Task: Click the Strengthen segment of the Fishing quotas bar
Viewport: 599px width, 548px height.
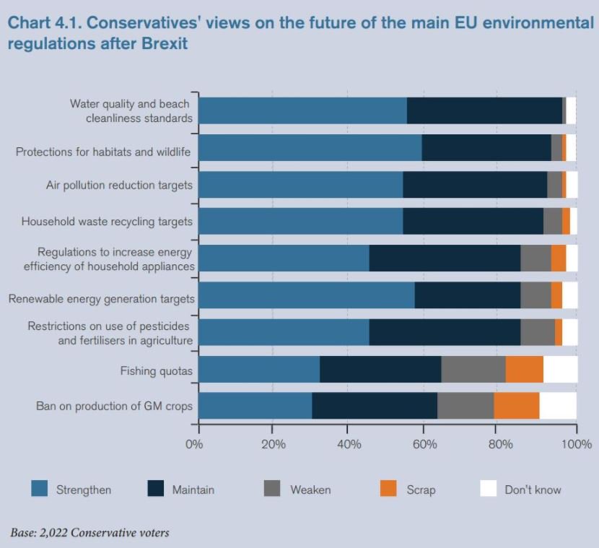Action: pos(258,369)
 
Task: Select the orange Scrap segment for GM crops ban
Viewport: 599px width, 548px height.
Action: pos(517,406)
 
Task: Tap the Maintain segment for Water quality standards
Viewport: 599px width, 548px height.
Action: pos(484,110)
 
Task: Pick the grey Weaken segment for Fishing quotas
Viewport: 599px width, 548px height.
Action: pos(473,369)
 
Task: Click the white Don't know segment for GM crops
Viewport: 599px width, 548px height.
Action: pos(558,406)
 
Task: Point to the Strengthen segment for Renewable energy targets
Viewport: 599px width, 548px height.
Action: pos(306,295)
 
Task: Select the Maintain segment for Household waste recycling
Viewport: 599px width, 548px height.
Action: pos(473,221)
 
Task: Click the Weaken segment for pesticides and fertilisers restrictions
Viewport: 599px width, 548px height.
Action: pos(538,332)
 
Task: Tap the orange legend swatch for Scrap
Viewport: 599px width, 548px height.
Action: pos(388,489)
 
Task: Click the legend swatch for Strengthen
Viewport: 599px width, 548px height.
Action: pos(40,489)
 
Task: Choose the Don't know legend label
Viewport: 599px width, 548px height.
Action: pos(533,490)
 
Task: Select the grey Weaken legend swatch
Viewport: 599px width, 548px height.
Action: pos(272,489)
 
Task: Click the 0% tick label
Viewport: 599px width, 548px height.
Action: pos(194,444)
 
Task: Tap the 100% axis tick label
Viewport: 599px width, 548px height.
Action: pos(576,444)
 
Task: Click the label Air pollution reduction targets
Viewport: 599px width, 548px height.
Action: pos(119,185)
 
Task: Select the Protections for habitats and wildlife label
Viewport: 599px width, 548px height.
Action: pos(103,152)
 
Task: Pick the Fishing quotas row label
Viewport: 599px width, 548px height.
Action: pos(156,371)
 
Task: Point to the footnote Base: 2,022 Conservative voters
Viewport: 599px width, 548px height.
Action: pos(90,533)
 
